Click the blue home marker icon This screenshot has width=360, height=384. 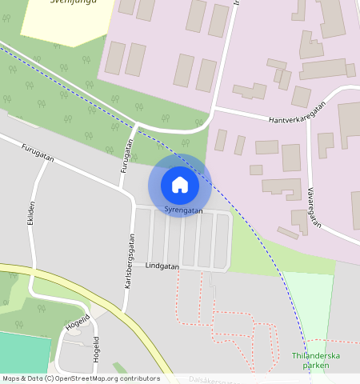point(180,185)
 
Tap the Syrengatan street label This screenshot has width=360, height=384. point(183,210)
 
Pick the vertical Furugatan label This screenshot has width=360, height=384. point(126,156)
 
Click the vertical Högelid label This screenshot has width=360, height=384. point(96,350)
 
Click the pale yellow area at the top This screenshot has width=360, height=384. point(64,20)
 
